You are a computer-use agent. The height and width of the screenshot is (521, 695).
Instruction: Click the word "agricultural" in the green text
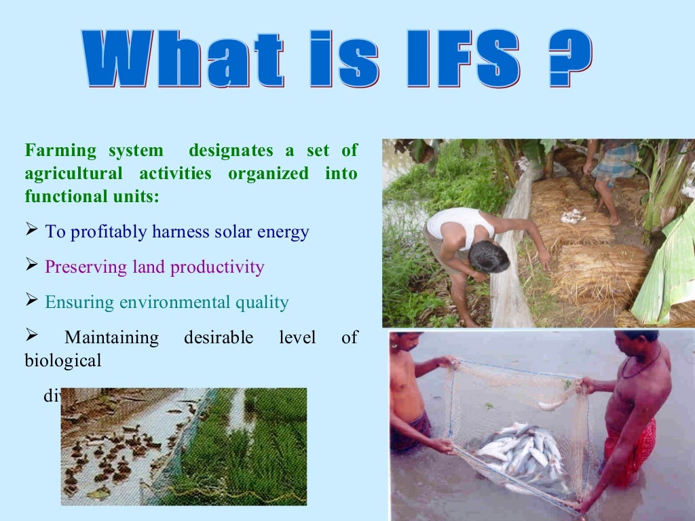coord(74,174)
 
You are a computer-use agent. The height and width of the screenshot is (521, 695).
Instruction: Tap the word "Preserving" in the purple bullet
coord(86,267)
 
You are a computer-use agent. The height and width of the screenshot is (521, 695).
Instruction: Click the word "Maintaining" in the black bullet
coord(111,338)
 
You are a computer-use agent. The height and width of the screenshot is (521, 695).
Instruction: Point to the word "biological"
coord(63,361)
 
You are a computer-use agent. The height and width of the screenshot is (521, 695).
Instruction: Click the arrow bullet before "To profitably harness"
coord(32,231)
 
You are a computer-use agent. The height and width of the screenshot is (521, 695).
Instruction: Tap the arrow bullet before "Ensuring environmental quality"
coord(32,301)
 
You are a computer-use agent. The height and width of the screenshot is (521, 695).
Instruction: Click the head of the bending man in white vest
coord(488,256)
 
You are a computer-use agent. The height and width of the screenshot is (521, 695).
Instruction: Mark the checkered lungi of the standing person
coord(614,163)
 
